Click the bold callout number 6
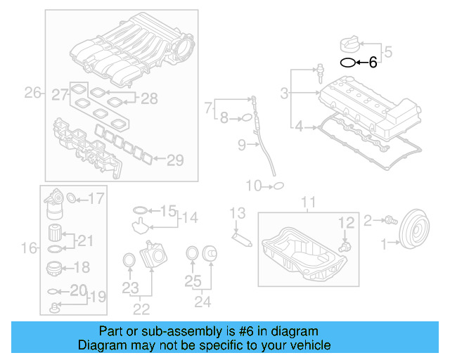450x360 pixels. [373, 63]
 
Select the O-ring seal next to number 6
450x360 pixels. [347, 63]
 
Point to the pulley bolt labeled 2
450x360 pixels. [387, 221]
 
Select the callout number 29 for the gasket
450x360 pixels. [174, 160]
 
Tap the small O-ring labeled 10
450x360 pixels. [278, 186]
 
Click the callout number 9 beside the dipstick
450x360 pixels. [240, 146]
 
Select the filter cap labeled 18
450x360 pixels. [53, 267]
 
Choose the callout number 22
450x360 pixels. [141, 308]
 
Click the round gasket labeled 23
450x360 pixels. [129, 261]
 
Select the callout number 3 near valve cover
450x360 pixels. [284, 93]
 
